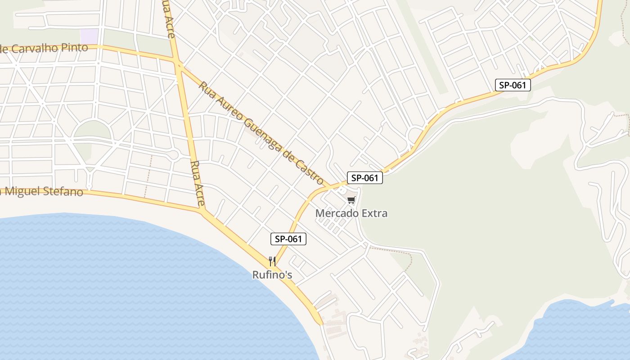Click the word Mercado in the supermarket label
click(x=333, y=213)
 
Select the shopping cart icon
click(x=351, y=200)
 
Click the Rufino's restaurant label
click(x=272, y=274)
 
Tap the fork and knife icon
click(x=272, y=261)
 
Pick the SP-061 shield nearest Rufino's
click(x=288, y=239)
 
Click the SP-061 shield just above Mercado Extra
click(x=364, y=178)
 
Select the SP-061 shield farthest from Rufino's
click(x=513, y=85)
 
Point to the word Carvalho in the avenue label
click(x=39, y=48)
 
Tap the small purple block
click(x=90, y=36)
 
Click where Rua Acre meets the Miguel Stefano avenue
click(x=202, y=209)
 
